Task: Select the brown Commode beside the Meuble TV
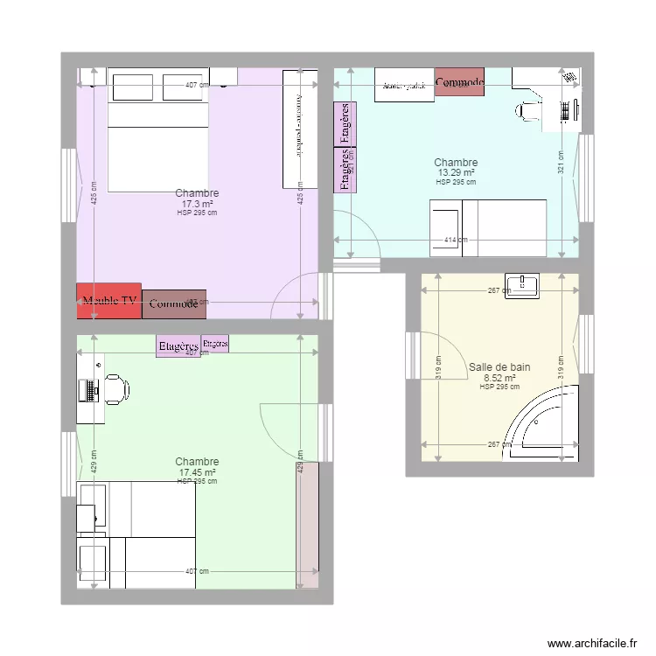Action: point(174,304)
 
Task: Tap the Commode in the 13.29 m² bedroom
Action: point(459,82)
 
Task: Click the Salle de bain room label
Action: point(499,368)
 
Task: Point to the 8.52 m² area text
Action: point(499,378)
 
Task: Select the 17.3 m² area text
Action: point(197,204)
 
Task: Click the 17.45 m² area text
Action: point(197,472)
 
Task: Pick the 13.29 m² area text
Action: point(456,173)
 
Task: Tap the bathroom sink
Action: point(527,283)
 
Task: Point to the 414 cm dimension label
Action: point(455,241)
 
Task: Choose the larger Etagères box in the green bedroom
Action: point(179,346)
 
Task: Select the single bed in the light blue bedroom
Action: point(488,227)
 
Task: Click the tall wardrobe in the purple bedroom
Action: point(299,129)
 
